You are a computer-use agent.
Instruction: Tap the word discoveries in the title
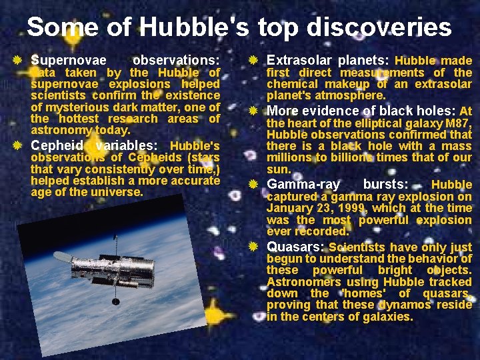click(x=379, y=27)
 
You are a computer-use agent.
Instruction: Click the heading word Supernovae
click(x=69, y=60)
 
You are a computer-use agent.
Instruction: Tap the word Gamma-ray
click(x=303, y=184)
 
